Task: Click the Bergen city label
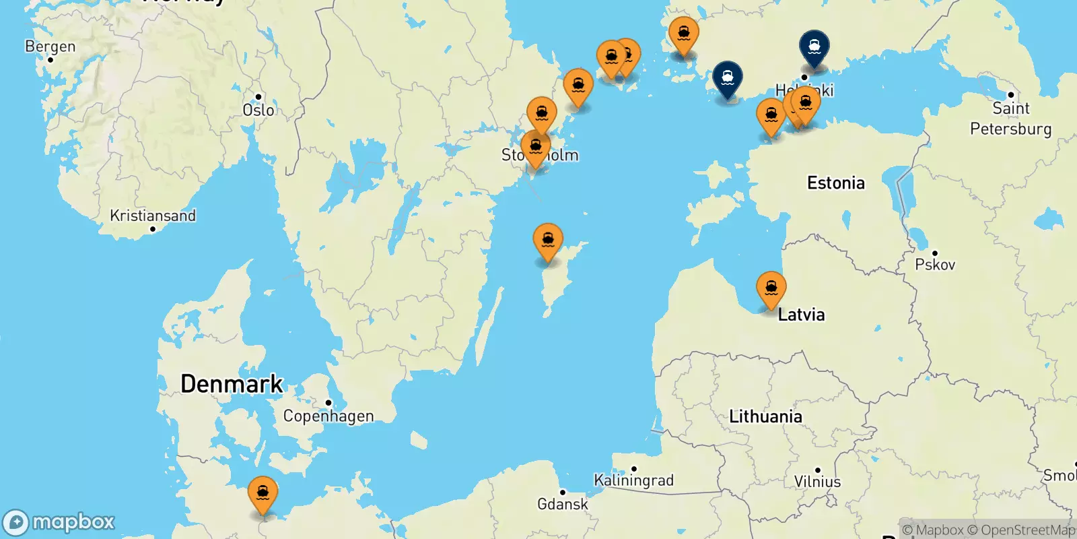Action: tap(50, 46)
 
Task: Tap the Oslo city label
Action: tap(258, 110)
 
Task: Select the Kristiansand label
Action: tap(153, 216)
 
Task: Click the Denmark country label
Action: tap(232, 383)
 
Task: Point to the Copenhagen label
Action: tap(328, 416)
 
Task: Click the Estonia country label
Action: tap(835, 183)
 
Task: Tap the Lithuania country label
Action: tap(765, 416)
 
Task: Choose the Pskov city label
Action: tap(935, 264)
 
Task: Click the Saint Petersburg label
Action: tap(1010, 119)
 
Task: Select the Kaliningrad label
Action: tap(633, 480)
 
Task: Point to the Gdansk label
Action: tap(562, 504)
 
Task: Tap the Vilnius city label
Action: tap(817, 481)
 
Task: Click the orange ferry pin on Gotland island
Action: tap(548, 241)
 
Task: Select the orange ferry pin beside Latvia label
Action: tap(771, 288)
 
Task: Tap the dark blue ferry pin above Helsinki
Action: tap(814, 47)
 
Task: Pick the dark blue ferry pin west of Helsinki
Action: tap(728, 78)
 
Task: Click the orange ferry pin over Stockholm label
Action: tap(536, 147)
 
